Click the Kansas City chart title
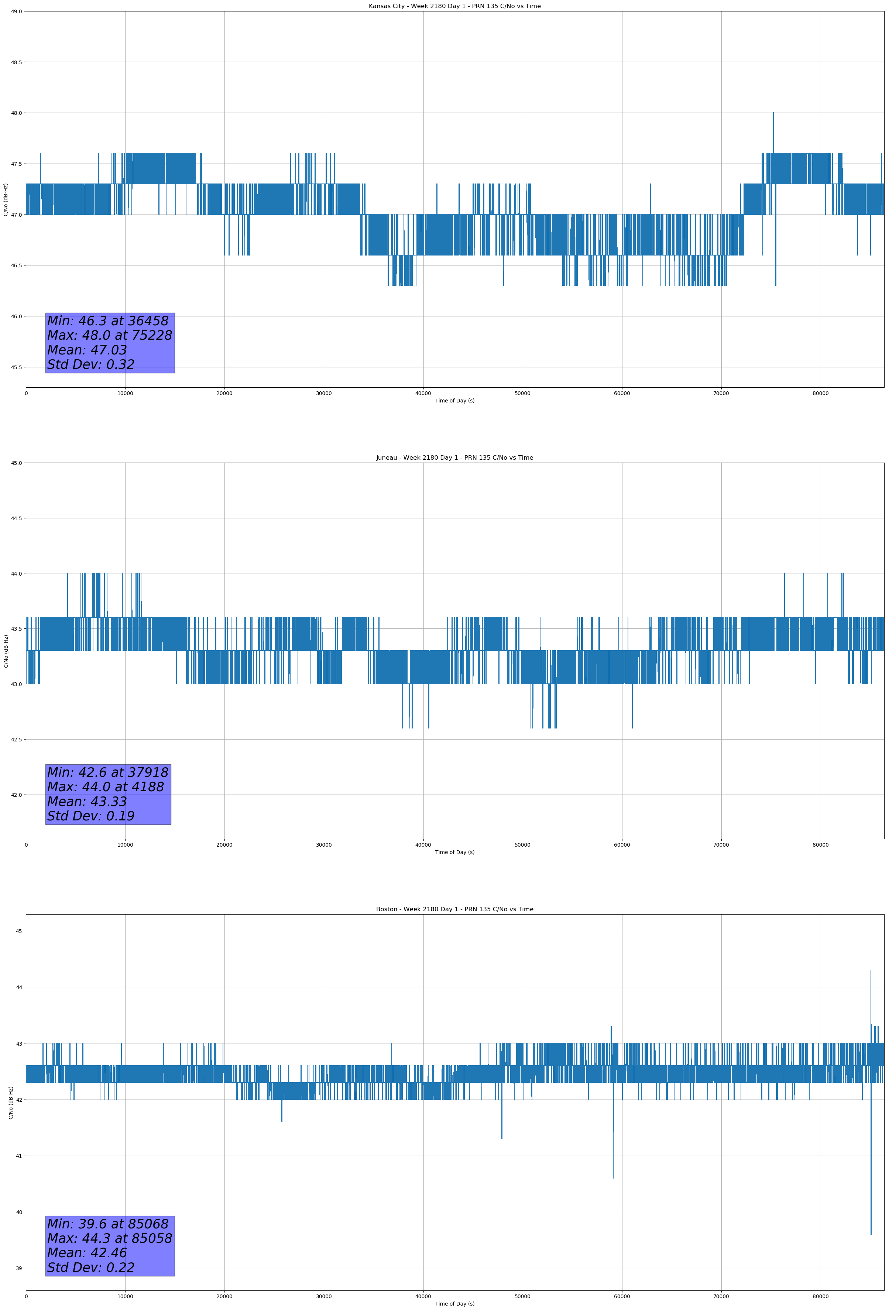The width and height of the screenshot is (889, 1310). [x=454, y=6]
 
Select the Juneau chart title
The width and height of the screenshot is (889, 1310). [x=454, y=458]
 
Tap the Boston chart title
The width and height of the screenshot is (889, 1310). [x=454, y=909]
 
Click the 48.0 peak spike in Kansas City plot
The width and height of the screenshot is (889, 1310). [x=773, y=114]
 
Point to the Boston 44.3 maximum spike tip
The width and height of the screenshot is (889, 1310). [x=871, y=971]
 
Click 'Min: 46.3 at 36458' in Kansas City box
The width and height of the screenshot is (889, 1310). [x=108, y=321]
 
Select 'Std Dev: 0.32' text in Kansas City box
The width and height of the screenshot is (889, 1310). [x=91, y=365]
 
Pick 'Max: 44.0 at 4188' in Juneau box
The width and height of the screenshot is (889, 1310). [x=106, y=787]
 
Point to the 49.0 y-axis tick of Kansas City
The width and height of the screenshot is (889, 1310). [x=16, y=11]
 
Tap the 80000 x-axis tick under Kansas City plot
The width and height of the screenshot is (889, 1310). [x=820, y=394]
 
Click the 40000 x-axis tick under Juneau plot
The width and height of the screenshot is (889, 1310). [x=423, y=845]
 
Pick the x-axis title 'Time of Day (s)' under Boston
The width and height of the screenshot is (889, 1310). [x=454, y=1304]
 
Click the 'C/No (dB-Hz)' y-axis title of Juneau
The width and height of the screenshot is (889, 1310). [x=6, y=651]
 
